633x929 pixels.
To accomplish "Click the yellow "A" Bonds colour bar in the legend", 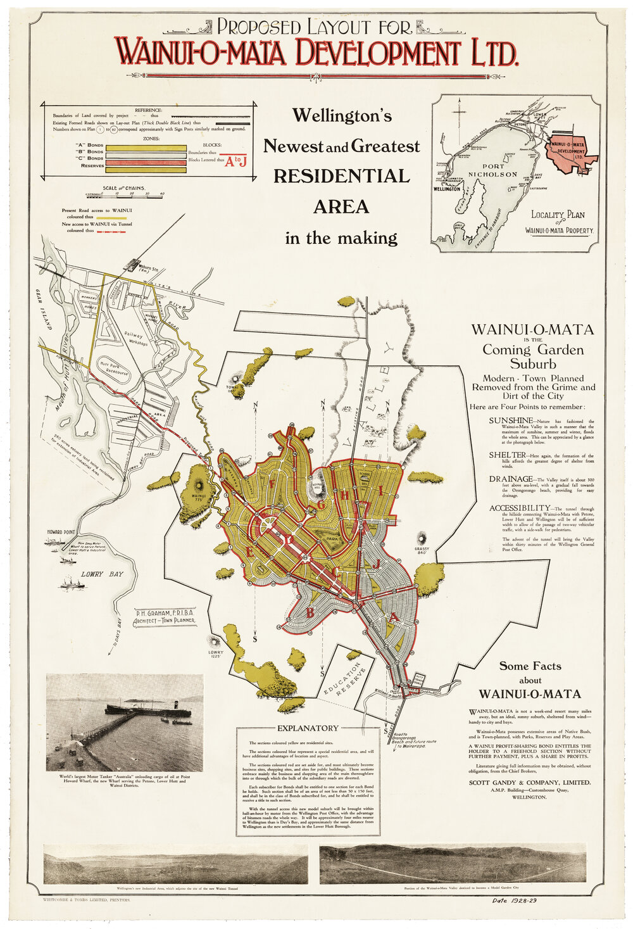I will (146, 148).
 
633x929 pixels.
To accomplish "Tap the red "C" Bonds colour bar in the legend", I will (146, 162).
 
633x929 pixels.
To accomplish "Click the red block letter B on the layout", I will (310, 612).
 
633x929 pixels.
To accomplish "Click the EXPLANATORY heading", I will (308, 728).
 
